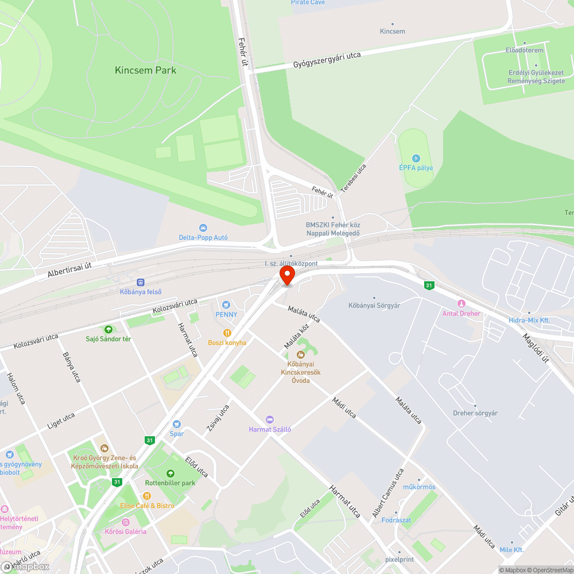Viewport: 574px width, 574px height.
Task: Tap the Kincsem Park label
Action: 146,71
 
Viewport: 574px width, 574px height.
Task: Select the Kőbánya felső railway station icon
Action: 141,282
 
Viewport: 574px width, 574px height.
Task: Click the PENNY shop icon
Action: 226,305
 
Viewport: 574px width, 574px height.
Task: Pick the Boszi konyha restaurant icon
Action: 227,333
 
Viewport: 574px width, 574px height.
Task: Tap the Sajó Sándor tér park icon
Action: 108,329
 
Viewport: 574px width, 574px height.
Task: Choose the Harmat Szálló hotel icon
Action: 270,420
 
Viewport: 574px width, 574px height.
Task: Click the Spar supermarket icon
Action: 177,424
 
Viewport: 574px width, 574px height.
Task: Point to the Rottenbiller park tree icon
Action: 170,474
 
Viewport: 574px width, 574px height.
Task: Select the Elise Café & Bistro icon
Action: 147,496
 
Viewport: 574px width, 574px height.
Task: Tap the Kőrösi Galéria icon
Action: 125,522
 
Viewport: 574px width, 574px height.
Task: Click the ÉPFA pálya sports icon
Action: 416,158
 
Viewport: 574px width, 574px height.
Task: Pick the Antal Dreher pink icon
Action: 461,304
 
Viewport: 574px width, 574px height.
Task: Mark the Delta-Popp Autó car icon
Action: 203,228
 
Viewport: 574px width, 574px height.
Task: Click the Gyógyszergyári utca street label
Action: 327,60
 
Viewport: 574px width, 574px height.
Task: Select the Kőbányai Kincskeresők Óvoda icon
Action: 300,355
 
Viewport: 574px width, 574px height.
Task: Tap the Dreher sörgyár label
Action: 475,413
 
